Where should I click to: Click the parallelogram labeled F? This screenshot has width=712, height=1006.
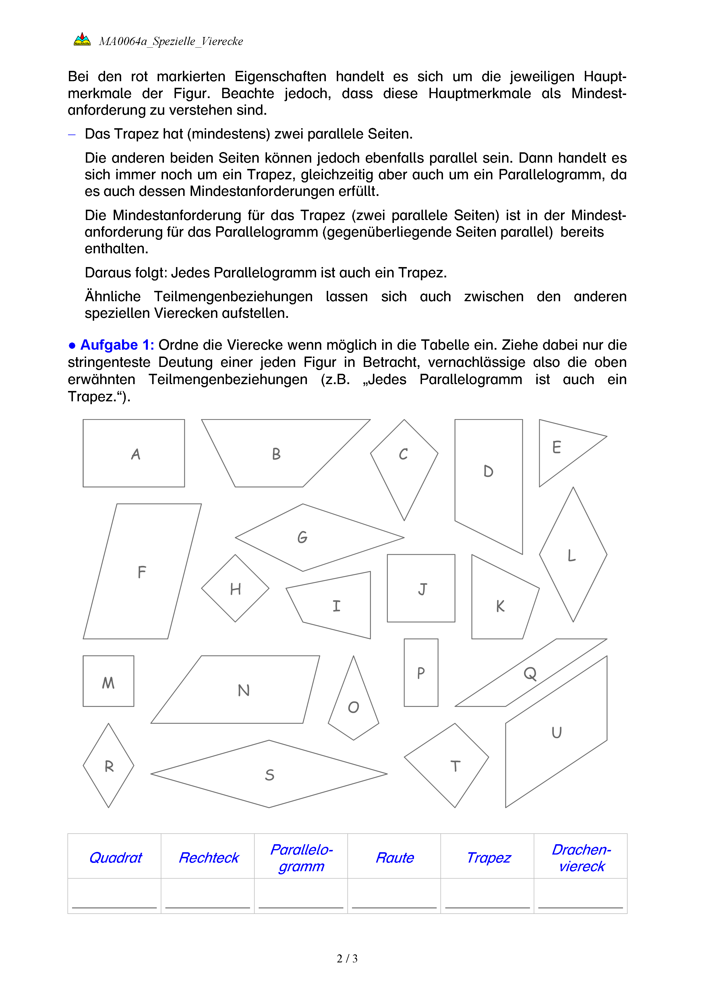pos(142,571)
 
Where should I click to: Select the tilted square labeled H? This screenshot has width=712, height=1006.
pos(235,588)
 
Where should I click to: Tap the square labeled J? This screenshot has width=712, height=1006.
pos(421,588)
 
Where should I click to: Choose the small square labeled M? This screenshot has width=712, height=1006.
pos(108,681)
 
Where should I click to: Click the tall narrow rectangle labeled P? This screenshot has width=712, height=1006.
pos(421,673)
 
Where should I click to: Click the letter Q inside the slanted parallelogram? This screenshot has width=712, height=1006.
pos(530,674)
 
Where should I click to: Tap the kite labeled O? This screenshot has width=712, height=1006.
pos(353,705)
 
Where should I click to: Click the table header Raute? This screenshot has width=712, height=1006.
pos(394,857)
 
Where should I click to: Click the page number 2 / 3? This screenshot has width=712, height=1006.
pos(347,959)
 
